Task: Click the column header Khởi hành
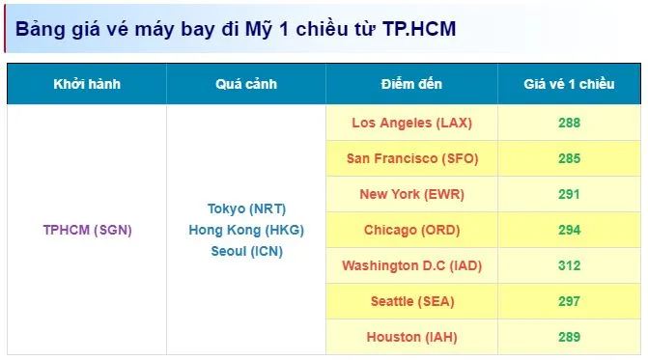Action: [87, 84]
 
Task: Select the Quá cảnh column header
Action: [246, 84]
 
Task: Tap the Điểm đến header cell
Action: [411, 84]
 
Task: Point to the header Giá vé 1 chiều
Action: [569, 84]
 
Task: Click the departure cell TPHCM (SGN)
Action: [88, 230]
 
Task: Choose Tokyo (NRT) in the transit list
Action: [246, 208]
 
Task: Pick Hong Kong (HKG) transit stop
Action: [246, 230]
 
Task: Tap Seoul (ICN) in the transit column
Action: [246, 251]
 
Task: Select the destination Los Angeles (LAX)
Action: [412, 123]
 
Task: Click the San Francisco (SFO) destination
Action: [412, 158]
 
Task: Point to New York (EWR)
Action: [412, 194]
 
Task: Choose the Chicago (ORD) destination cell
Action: [412, 230]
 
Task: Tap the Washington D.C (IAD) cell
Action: [412, 265]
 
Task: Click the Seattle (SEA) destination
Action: [412, 301]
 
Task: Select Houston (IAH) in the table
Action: [412, 337]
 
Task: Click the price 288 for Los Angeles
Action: [570, 123]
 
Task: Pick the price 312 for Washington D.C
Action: [570, 265]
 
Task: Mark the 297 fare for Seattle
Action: [570, 301]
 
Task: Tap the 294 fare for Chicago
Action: [570, 230]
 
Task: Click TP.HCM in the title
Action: [419, 29]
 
